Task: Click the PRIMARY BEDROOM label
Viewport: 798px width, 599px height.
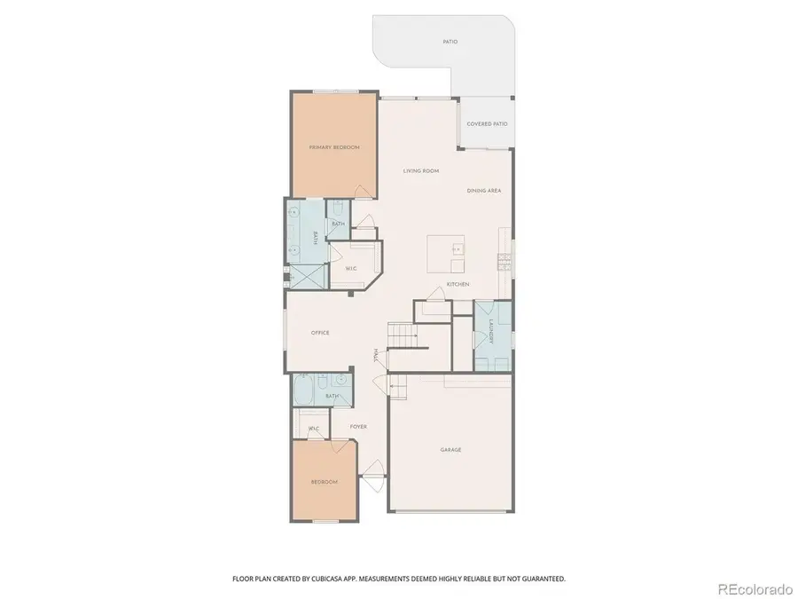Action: point(334,147)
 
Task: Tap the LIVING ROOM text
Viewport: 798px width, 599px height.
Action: point(421,171)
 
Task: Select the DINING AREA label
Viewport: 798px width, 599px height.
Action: point(484,191)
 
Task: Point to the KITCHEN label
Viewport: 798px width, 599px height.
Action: point(458,284)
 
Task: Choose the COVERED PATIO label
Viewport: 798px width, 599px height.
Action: point(487,124)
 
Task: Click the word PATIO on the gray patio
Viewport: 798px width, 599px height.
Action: point(450,42)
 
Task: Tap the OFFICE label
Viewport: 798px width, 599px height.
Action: point(320,333)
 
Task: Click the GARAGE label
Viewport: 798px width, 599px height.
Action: point(450,450)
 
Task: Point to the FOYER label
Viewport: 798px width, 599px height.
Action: point(358,427)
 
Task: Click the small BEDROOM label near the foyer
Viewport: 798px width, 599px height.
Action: point(324,482)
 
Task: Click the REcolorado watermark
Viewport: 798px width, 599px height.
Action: point(755,587)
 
